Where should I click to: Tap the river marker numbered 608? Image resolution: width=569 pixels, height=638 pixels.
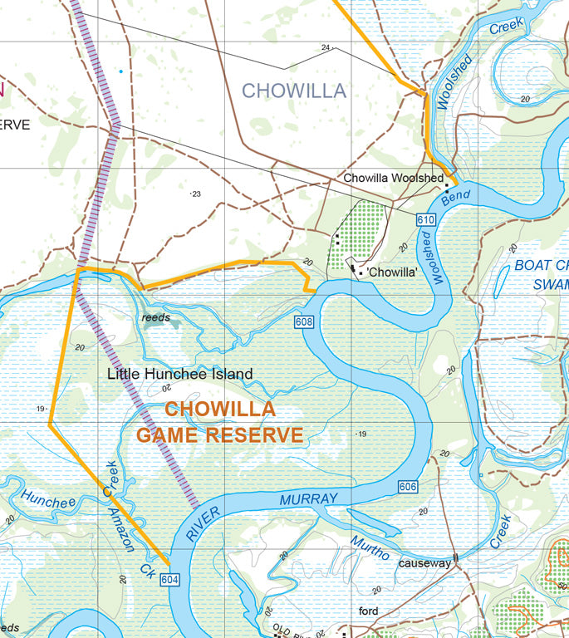(x=302, y=321)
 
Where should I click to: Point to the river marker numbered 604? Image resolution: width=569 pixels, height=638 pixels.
(x=169, y=579)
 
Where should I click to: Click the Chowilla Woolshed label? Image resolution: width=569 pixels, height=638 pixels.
(x=393, y=179)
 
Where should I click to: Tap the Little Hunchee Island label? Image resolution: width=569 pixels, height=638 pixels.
(x=179, y=375)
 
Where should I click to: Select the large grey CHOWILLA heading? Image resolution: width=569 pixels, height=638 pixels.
(x=293, y=91)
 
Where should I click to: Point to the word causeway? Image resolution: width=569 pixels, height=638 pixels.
(x=424, y=563)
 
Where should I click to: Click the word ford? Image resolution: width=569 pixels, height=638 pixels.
(x=369, y=611)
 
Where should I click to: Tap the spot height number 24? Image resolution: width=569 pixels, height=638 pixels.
(x=326, y=47)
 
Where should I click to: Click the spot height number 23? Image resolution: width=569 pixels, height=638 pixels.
(x=196, y=194)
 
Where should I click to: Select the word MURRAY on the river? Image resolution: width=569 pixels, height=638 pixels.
(x=308, y=499)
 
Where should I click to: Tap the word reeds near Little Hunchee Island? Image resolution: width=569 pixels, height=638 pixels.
(x=155, y=317)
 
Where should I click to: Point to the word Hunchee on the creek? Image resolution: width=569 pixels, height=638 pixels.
(x=48, y=501)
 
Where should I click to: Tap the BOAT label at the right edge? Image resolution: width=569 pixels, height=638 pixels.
(x=539, y=266)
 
